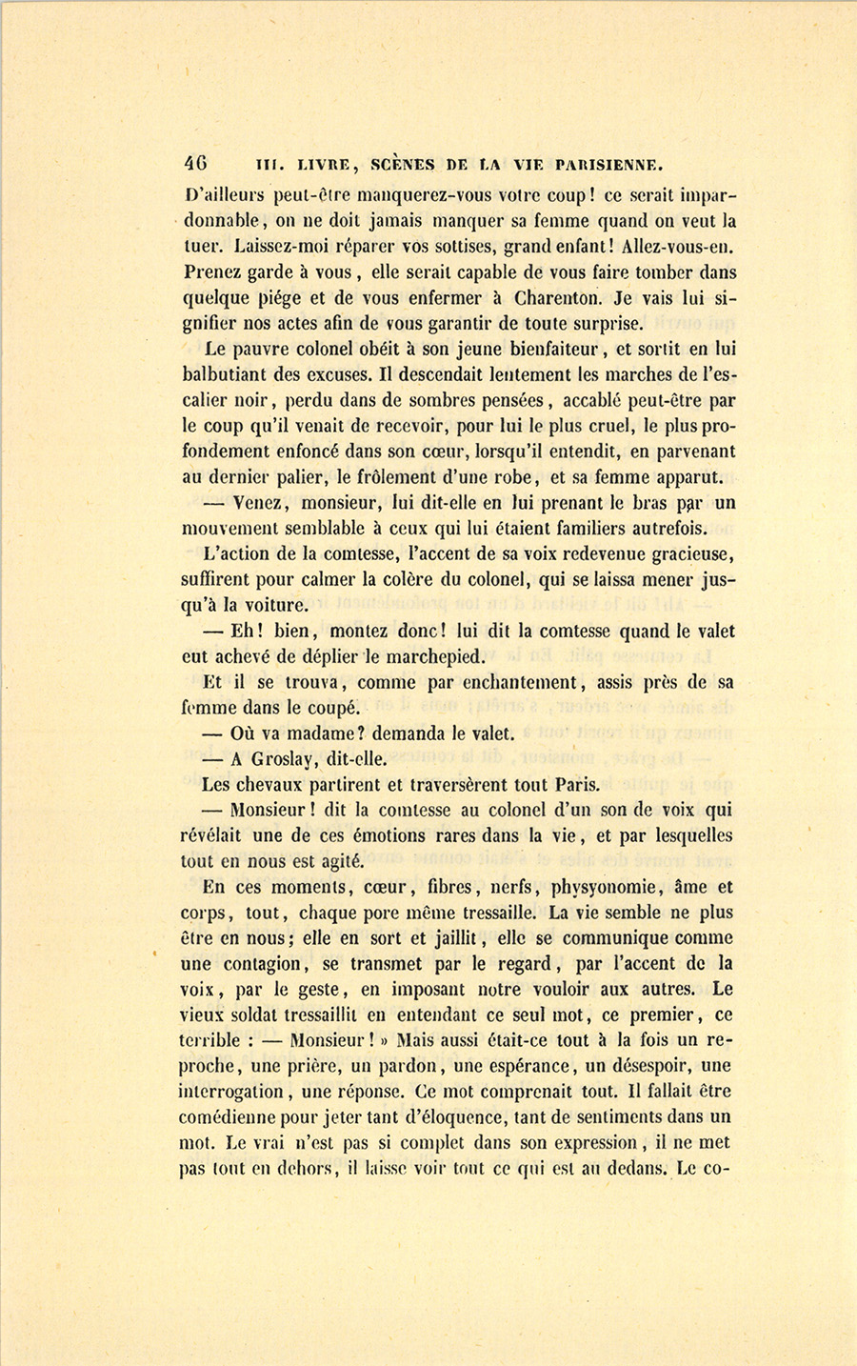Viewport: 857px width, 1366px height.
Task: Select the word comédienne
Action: click(234, 1117)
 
